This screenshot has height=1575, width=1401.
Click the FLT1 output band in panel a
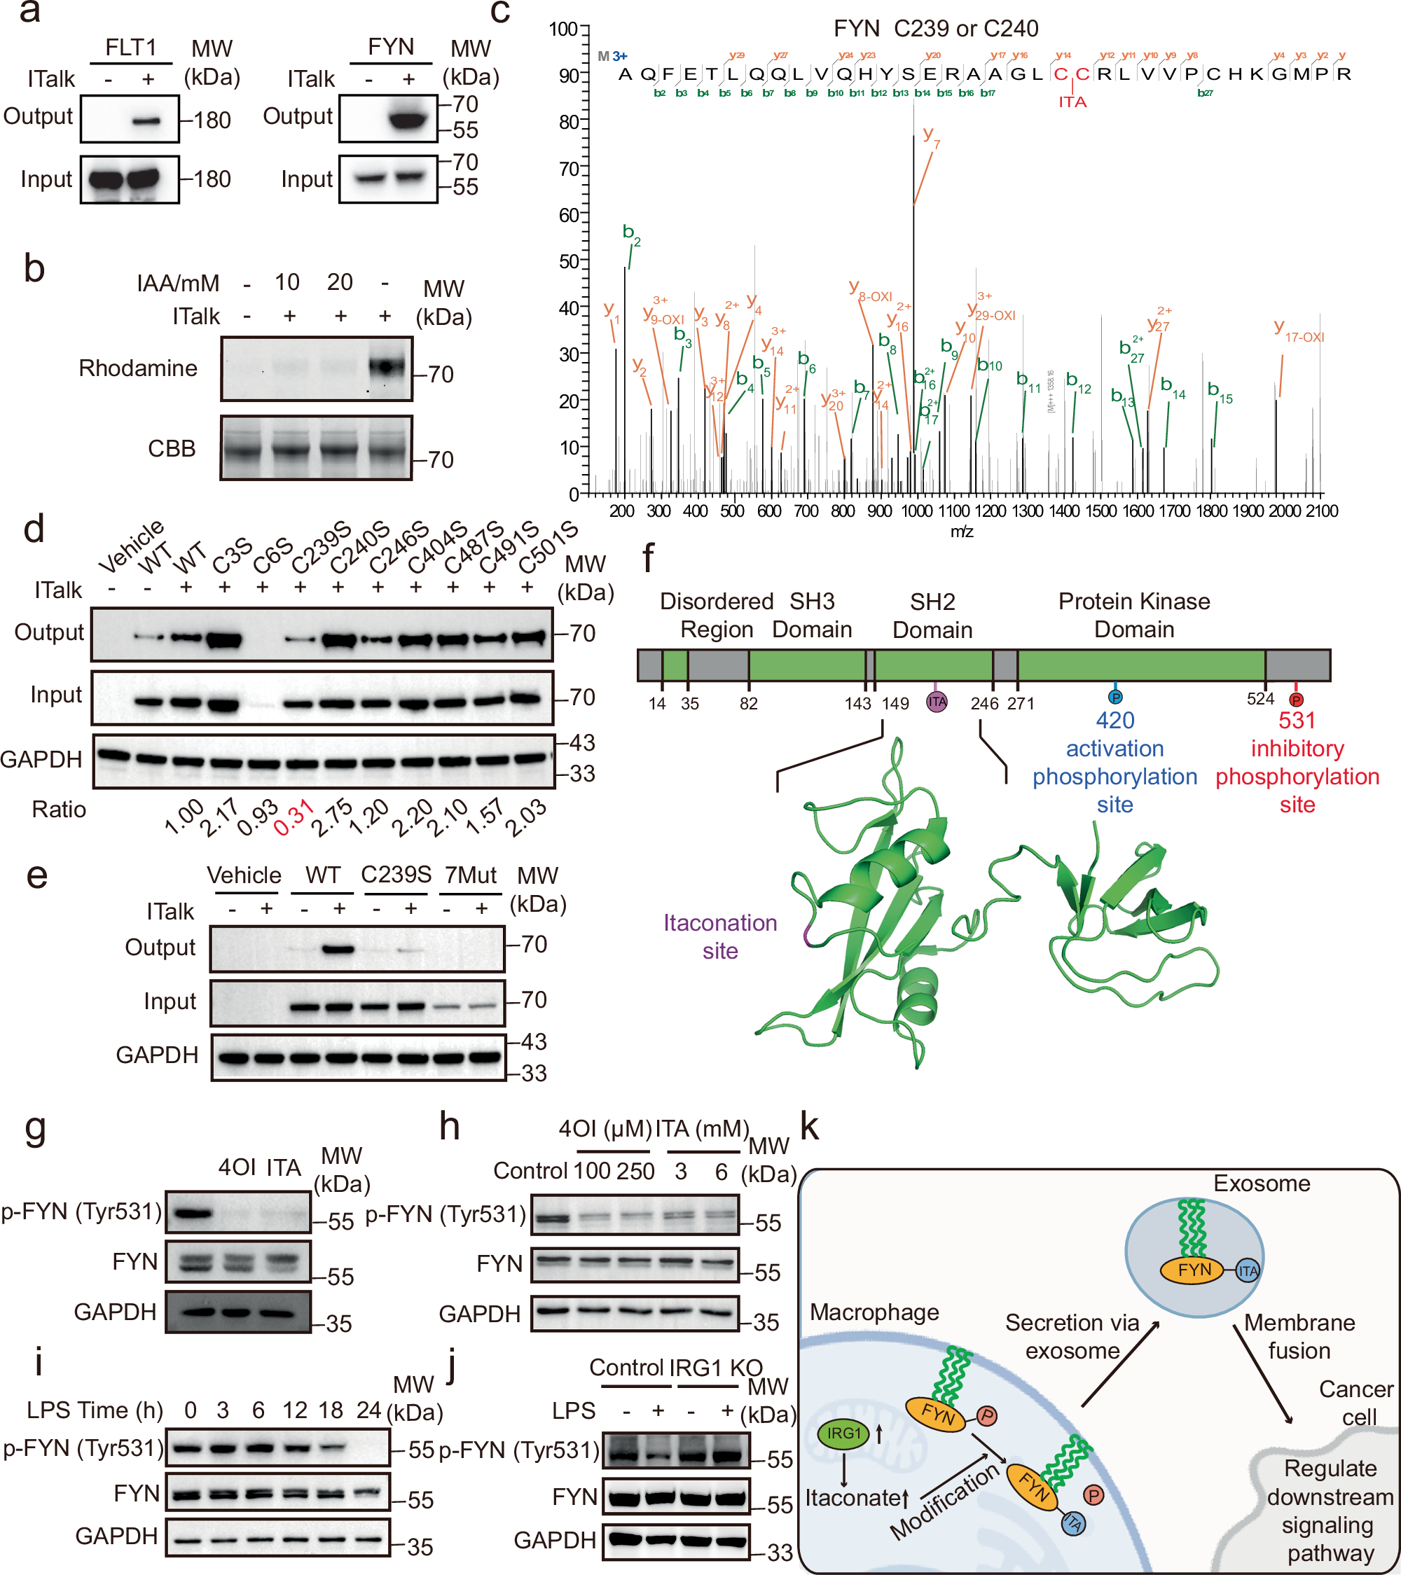pyautogui.click(x=146, y=121)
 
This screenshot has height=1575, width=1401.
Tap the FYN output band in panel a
pyautogui.click(x=408, y=120)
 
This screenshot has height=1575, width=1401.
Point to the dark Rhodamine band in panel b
pyautogui.click(x=387, y=367)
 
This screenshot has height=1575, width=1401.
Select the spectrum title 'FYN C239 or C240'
pyautogui.click(x=936, y=29)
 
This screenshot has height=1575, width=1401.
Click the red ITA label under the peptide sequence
pyautogui.click(x=1072, y=102)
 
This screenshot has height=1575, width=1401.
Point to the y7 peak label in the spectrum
pyautogui.click(x=931, y=137)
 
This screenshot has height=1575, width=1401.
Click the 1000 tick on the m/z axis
pyautogui.click(x=916, y=511)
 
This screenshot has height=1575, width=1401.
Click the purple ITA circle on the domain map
pyautogui.click(x=937, y=701)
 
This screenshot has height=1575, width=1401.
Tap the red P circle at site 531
pyautogui.click(x=1296, y=700)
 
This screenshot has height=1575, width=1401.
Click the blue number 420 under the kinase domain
pyautogui.click(x=1114, y=721)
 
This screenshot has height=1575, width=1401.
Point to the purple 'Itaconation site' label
pyautogui.click(x=720, y=936)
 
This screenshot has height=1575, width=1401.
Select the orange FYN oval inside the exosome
pyautogui.click(x=1194, y=1270)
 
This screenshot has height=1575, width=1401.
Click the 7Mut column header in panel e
pyautogui.click(x=470, y=875)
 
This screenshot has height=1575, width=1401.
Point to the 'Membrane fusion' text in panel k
pyautogui.click(x=1299, y=1337)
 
